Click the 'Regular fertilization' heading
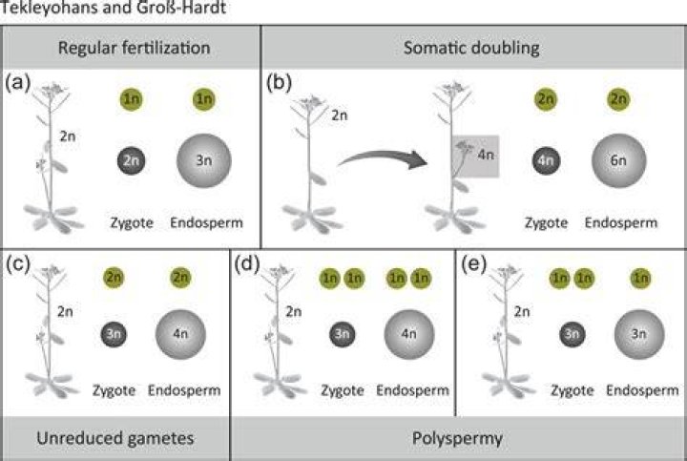(x=135, y=48)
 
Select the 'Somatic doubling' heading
(x=471, y=48)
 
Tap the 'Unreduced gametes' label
(x=115, y=438)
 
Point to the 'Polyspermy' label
(x=457, y=438)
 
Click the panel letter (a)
(x=17, y=82)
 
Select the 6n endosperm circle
(x=618, y=160)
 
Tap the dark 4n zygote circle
(x=546, y=160)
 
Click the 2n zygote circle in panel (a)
(x=131, y=160)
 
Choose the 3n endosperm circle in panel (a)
(x=204, y=160)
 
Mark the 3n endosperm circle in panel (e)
(x=639, y=334)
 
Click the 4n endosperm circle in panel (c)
(x=180, y=334)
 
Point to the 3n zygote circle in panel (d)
(x=343, y=334)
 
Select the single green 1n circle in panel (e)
(x=640, y=278)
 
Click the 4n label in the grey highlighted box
(x=486, y=155)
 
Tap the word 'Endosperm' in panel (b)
(x=621, y=222)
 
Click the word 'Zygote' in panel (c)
(x=114, y=390)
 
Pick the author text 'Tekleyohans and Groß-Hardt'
(x=113, y=8)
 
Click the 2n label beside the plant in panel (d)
(x=294, y=311)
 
